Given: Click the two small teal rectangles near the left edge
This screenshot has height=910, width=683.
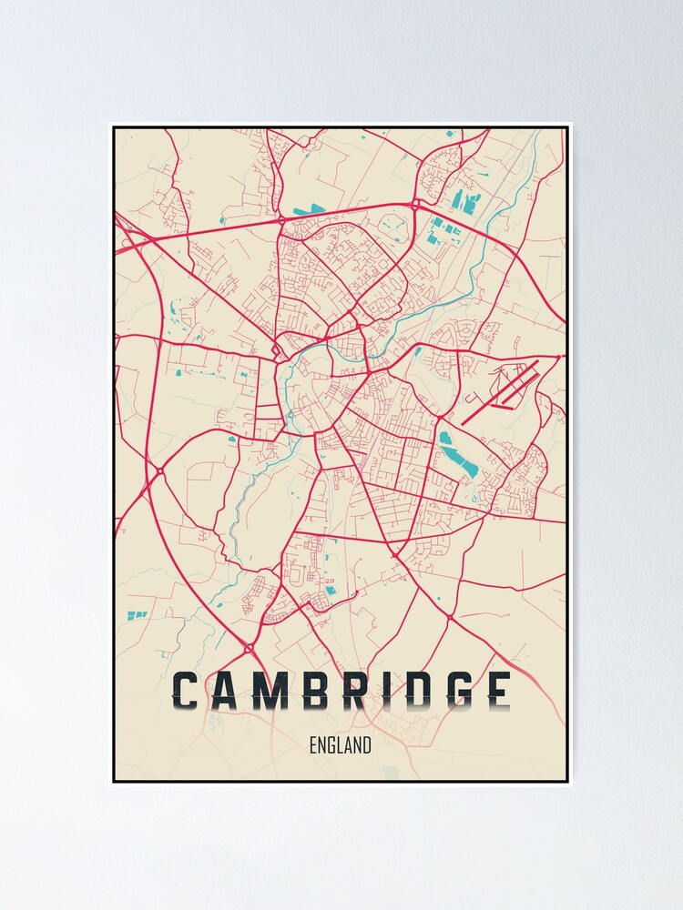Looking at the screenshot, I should pos(137,616).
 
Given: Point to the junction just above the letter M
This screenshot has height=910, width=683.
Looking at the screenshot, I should pos(250,648).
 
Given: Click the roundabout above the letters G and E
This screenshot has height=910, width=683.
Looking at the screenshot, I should pos(449,619).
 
